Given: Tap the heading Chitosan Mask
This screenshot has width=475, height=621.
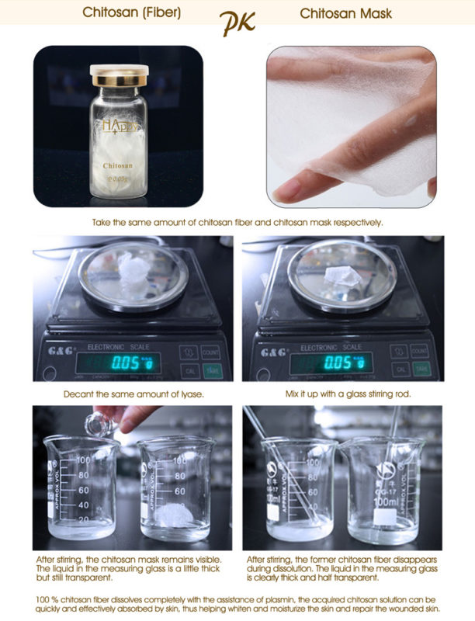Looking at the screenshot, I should [346, 13].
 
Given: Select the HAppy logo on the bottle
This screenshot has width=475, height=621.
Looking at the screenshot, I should [117, 123].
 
